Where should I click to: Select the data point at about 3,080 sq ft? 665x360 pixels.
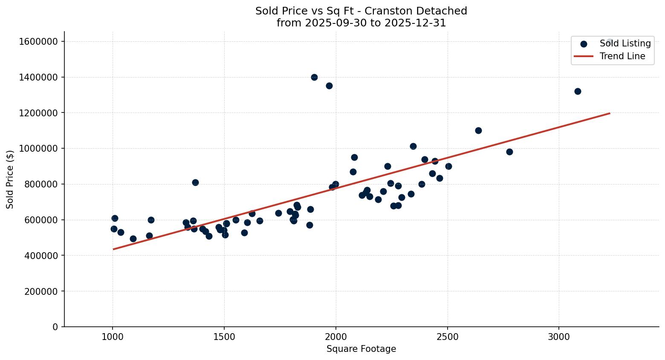click(578, 91)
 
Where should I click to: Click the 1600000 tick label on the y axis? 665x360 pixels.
click(38, 41)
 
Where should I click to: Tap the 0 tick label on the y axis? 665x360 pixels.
click(55, 327)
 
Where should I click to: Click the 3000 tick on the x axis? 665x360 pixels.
click(559, 337)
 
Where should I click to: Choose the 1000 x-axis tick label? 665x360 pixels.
click(113, 337)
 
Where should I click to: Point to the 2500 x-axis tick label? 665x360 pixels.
click(447, 337)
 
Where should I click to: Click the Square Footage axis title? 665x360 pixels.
click(361, 349)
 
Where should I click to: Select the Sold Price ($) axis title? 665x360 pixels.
click(10, 179)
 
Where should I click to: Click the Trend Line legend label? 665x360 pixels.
click(622, 56)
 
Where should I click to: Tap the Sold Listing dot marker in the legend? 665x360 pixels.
click(584, 44)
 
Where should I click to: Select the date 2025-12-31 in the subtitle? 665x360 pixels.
click(415, 23)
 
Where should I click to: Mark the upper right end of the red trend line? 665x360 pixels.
click(610, 113)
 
